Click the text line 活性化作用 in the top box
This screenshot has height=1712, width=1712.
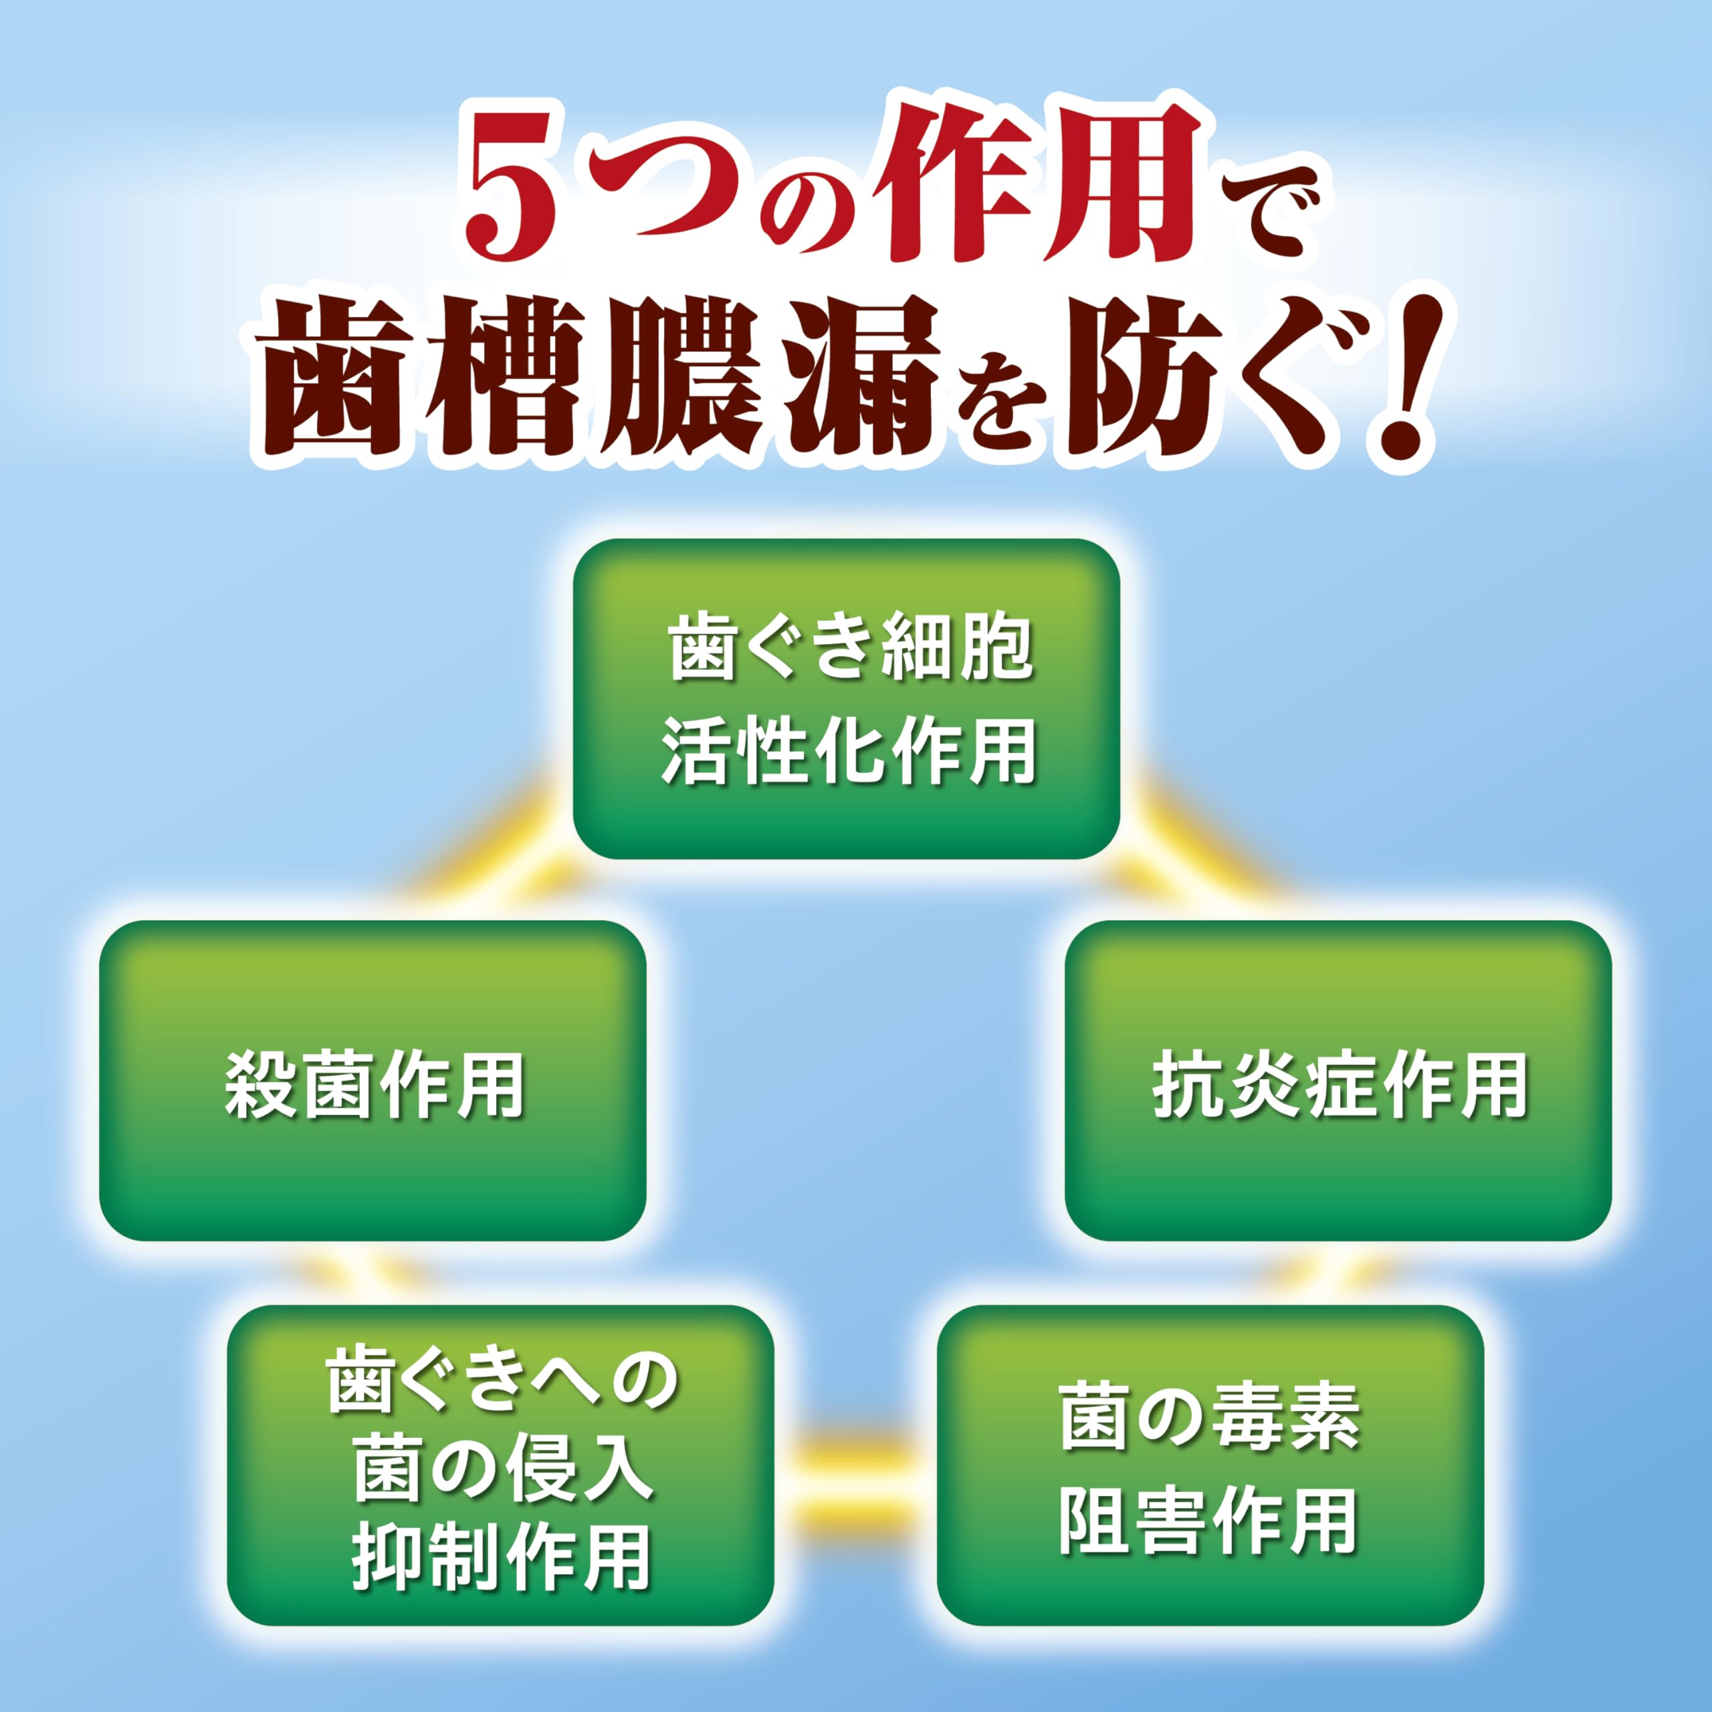[x=848, y=750]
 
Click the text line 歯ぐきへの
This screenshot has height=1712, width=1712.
[x=502, y=1380]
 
